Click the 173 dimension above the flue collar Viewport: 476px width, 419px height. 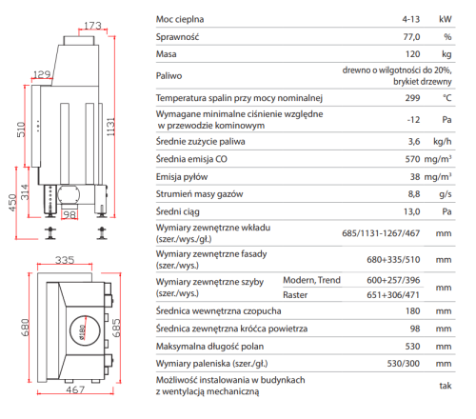click(92, 26)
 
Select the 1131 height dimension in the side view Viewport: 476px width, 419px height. click(110, 127)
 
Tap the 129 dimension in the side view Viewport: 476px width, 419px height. click(42, 74)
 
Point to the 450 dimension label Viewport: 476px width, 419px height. click(12, 203)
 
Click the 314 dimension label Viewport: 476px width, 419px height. click(25, 192)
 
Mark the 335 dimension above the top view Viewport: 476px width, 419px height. click(65, 260)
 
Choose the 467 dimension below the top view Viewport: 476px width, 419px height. click(75, 389)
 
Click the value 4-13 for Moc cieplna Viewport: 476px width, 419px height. click(411, 19)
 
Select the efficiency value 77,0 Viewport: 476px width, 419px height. click(411, 37)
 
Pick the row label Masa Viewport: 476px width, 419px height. click(166, 54)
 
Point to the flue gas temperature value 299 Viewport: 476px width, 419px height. click(412, 98)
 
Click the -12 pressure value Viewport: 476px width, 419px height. click(413, 120)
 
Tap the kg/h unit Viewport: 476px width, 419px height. click(443, 142)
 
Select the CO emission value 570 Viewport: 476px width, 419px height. click(412, 159)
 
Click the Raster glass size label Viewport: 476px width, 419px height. click(295, 295)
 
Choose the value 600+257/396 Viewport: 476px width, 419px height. click(393, 280)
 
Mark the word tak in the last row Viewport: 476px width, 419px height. click(446, 386)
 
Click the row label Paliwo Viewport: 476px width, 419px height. click(169, 76)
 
